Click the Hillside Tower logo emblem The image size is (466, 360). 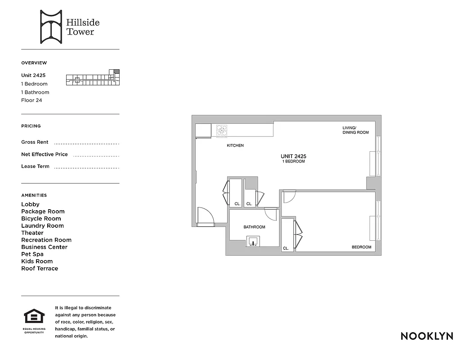tap(50, 27)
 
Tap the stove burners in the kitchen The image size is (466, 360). tap(222, 130)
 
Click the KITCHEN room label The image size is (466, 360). tap(235, 146)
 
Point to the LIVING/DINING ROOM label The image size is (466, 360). tap(355, 130)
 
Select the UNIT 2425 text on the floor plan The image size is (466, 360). tap(293, 156)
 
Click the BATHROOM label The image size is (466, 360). tap(254, 227)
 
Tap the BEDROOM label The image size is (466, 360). tap(361, 247)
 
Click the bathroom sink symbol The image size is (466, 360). tap(254, 242)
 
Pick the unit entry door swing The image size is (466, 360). tap(206, 216)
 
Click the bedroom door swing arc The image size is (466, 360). tap(288, 196)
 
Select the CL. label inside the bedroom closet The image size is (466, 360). tap(286, 248)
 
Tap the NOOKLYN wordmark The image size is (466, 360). tap(426, 336)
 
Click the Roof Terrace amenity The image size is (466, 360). tap(40, 269)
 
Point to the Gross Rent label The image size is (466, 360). tap(35, 142)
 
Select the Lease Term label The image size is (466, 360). tap(35, 166)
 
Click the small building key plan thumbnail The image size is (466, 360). tap(93, 78)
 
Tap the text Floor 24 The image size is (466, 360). tap(31, 100)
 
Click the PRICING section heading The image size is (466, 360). tap(31, 126)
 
